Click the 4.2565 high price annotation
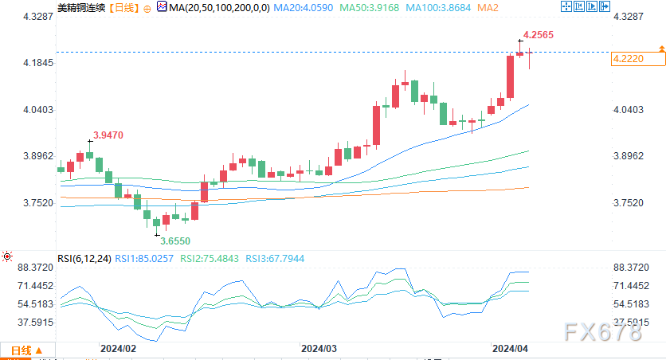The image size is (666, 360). point(539,34)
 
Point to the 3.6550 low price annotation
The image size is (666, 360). point(175,240)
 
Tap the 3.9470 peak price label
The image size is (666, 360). point(108,135)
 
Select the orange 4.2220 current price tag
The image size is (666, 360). point(629,59)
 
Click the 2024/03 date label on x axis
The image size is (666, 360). point(319,348)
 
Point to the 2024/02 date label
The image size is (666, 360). point(117,348)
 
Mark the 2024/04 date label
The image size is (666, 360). point(511,348)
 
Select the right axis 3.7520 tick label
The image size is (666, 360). point(629,203)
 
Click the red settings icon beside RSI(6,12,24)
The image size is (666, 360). point(7,257)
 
